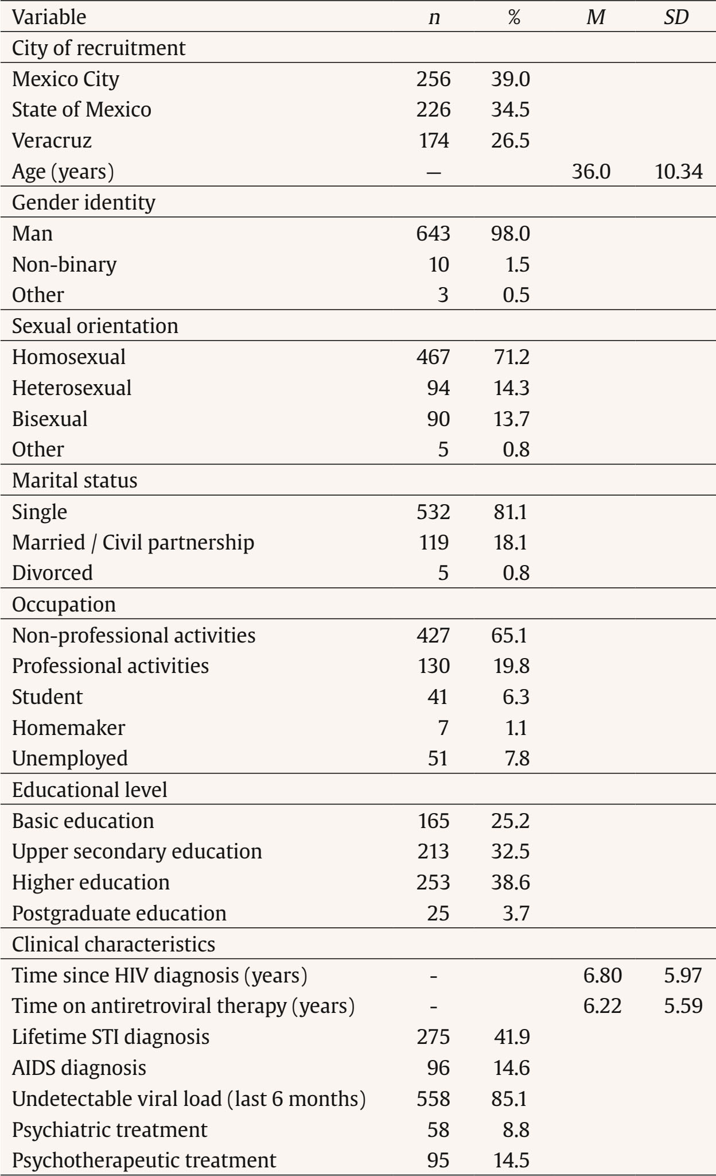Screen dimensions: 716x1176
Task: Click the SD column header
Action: (676, 17)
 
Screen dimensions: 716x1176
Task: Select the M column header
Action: (596, 17)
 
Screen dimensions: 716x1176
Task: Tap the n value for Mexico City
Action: (433, 79)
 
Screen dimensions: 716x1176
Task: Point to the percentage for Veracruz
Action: (510, 141)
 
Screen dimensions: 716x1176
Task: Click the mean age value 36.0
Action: (591, 172)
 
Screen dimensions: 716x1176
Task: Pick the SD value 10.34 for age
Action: (679, 172)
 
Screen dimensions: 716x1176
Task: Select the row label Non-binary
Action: (64, 264)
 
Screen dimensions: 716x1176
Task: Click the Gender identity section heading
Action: (84, 203)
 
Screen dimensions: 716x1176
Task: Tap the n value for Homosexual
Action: (433, 357)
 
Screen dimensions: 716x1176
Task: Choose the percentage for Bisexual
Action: (510, 419)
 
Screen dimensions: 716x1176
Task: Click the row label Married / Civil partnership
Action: (133, 543)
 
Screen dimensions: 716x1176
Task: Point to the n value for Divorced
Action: (443, 573)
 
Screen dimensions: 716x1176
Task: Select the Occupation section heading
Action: (64, 605)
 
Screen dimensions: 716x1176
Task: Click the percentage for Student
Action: (516, 697)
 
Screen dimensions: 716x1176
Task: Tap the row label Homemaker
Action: (68, 728)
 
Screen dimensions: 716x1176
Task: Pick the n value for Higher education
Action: (433, 883)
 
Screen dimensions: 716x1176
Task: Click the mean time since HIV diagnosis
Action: (602, 976)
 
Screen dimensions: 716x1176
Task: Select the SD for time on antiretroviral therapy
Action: (683, 1006)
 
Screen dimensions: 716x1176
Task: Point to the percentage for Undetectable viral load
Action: (510, 1099)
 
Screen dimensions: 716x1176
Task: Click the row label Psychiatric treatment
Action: (110, 1130)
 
